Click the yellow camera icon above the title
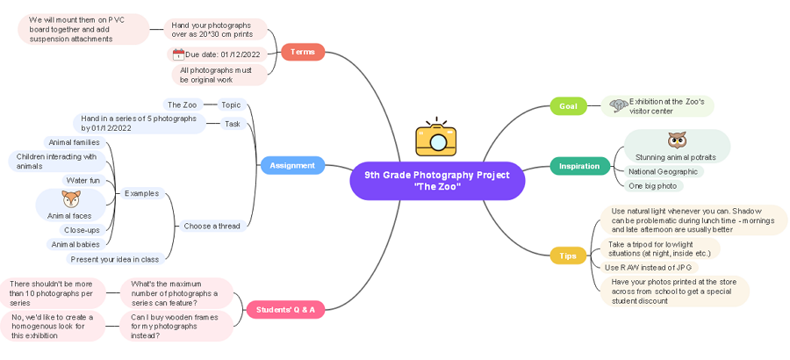coord(436,138)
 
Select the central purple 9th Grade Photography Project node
coord(436,180)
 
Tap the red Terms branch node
coord(302,53)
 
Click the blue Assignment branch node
coord(292,165)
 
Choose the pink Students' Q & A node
coord(285,309)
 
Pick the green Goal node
coord(568,106)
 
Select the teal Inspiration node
coord(579,165)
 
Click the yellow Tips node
coord(567,256)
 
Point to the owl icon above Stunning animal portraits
coord(676,140)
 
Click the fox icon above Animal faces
coord(70,199)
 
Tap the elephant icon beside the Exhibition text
coord(618,105)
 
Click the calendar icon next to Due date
coord(178,54)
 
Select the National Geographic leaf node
coord(663,172)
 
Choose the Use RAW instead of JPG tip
coord(648,267)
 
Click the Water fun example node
coord(83,180)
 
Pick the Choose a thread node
coord(212,226)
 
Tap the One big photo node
coord(652,186)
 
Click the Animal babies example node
coord(75,244)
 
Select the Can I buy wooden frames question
coord(176,326)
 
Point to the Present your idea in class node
coord(115,259)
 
